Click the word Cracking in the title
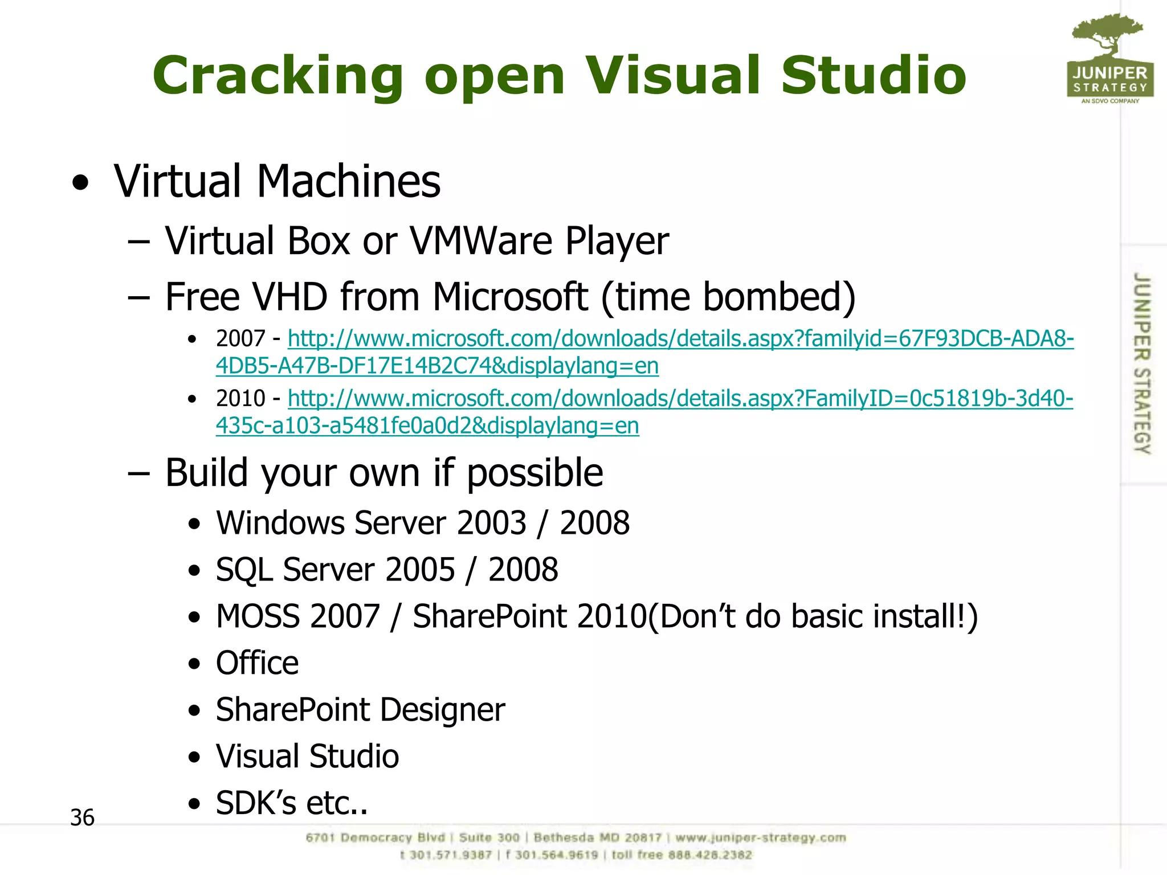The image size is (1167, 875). tap(278, 76)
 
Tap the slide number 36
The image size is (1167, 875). tap(82, 817)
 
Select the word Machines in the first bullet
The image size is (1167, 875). tap(349, 181)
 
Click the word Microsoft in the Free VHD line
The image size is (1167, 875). tap(510, 297)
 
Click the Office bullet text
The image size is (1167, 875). tap(257, 663)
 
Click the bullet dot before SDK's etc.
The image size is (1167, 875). tap(195, 804)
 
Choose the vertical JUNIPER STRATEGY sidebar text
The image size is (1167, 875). tap(1141, 363)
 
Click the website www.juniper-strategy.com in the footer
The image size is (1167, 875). tap(761, 838)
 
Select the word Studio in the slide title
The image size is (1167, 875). tap(873, 76)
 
